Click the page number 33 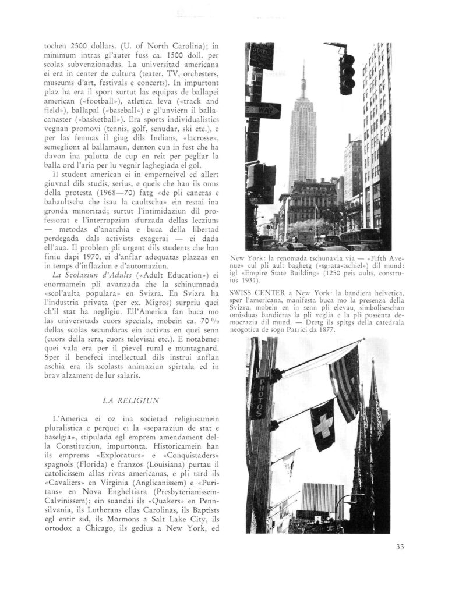(x=399, y=546)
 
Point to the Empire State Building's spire (x=302, y=81)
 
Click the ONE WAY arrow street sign (x=263, y=109)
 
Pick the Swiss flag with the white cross (x=322, y=424)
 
